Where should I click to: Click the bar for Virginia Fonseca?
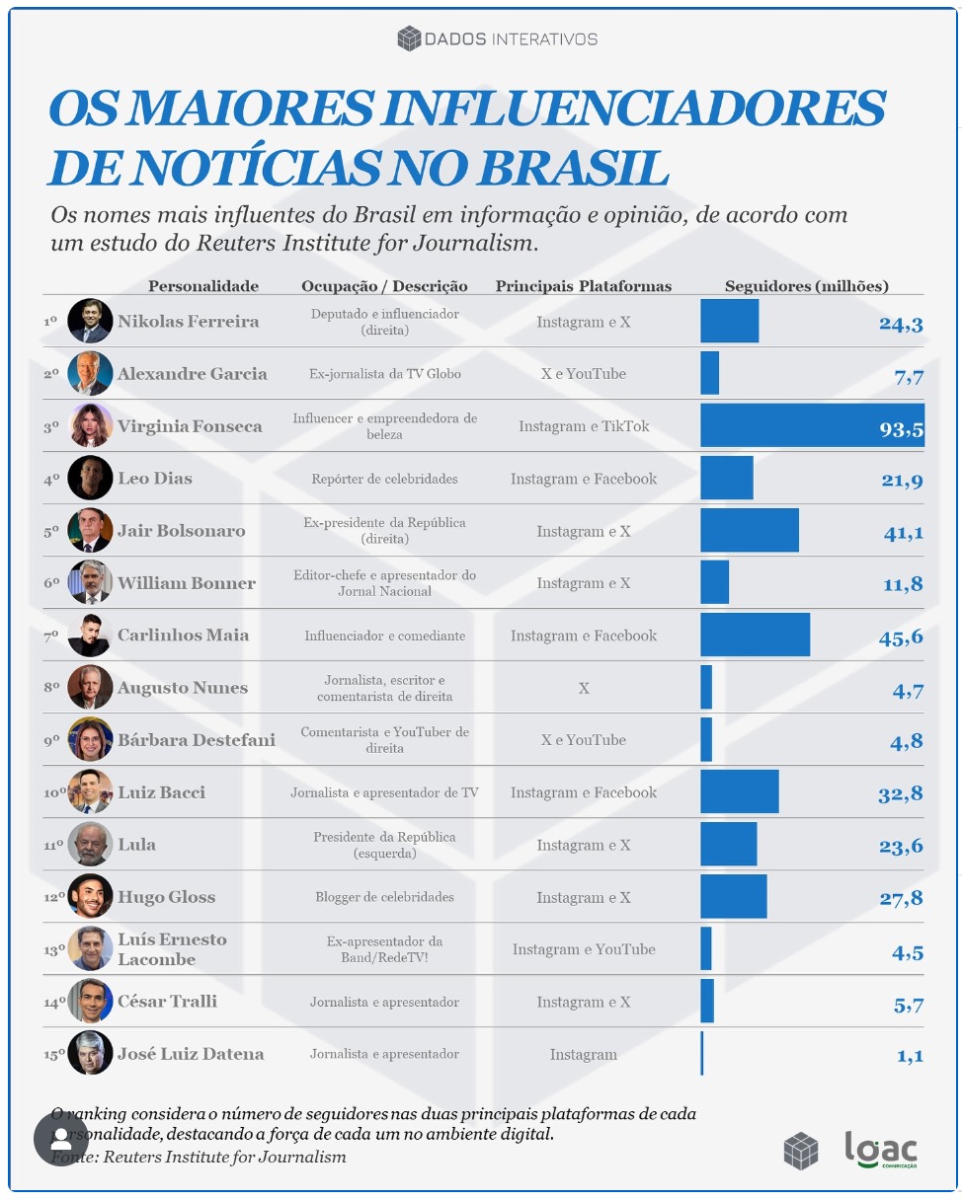(x=812, y=425)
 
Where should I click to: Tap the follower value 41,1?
(x=903, y=532)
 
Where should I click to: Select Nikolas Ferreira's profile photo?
(x=90, y=321)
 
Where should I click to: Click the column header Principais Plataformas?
(x=583, y=286)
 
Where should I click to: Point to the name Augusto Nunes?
(x=182, y=688)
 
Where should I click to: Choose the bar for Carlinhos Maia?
(x=755, y=635)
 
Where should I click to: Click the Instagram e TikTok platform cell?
(x=584, y=426)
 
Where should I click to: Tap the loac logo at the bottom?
(x=880, y=1149)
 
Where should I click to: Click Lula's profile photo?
(x=90, y=844)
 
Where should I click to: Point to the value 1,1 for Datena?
(x=910, y=1056)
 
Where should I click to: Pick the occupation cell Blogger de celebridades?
(x=384, y=897)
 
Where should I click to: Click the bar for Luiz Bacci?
(x=739, y=791)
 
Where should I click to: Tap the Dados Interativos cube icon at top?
(x=408, y=39)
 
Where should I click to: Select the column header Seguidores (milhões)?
(x=806, y=286)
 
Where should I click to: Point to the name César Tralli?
(x=167, y=1002)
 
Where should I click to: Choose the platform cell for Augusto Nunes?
(x=584, y=688)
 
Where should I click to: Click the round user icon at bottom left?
(x=61, y=1138)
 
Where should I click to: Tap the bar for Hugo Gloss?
(x=733, y=896)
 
